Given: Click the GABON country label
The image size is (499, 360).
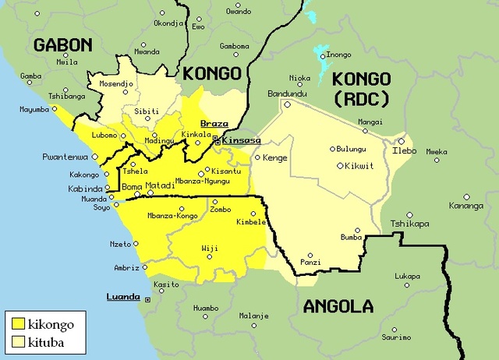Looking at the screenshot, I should point(62,45).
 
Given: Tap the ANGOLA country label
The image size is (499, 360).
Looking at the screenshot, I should point(338,305).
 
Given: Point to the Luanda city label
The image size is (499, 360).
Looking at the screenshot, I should point(123,297).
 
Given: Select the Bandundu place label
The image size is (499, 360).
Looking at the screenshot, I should point(286,94).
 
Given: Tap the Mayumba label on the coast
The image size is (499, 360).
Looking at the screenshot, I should point(34,109).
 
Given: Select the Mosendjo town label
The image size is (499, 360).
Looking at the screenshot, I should point(116,82).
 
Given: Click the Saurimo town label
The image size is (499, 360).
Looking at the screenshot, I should point(395,337).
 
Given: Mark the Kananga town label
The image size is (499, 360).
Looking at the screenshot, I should point(466,206).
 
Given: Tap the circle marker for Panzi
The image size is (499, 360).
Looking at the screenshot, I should point(311,255).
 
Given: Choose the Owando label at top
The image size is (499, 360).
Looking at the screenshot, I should point(239,11).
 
